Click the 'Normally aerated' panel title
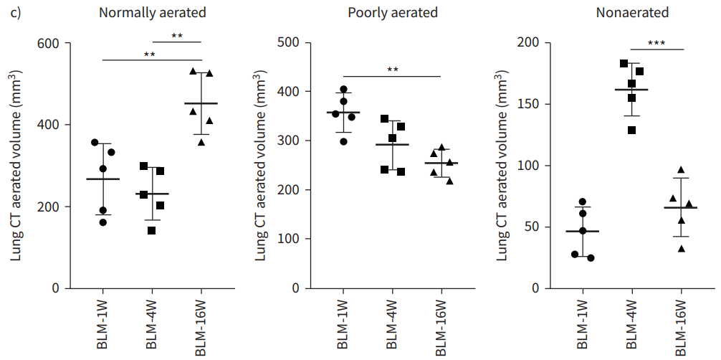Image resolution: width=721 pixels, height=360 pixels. [x=152, y=12]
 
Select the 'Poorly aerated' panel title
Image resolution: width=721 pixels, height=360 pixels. [x=392, y=12]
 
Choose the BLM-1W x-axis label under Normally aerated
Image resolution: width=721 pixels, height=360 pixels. [x=103, y=325]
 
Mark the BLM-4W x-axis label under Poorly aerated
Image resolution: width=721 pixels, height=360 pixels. [x=392, y=325]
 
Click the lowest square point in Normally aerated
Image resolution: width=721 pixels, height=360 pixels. [x=152, y=230]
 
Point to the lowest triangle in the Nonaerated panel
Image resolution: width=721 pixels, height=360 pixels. [x=682, y=248]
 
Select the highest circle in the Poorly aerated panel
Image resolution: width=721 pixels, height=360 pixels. [x=343, y=90]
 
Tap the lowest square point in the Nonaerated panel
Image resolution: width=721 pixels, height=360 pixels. [x=631, y=130]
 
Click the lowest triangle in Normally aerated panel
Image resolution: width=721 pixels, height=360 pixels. [x=201, y=142]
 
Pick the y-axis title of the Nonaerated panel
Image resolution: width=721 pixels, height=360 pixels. [x=499, y=166]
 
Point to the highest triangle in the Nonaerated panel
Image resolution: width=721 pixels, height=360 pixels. [x=682, y=170]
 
